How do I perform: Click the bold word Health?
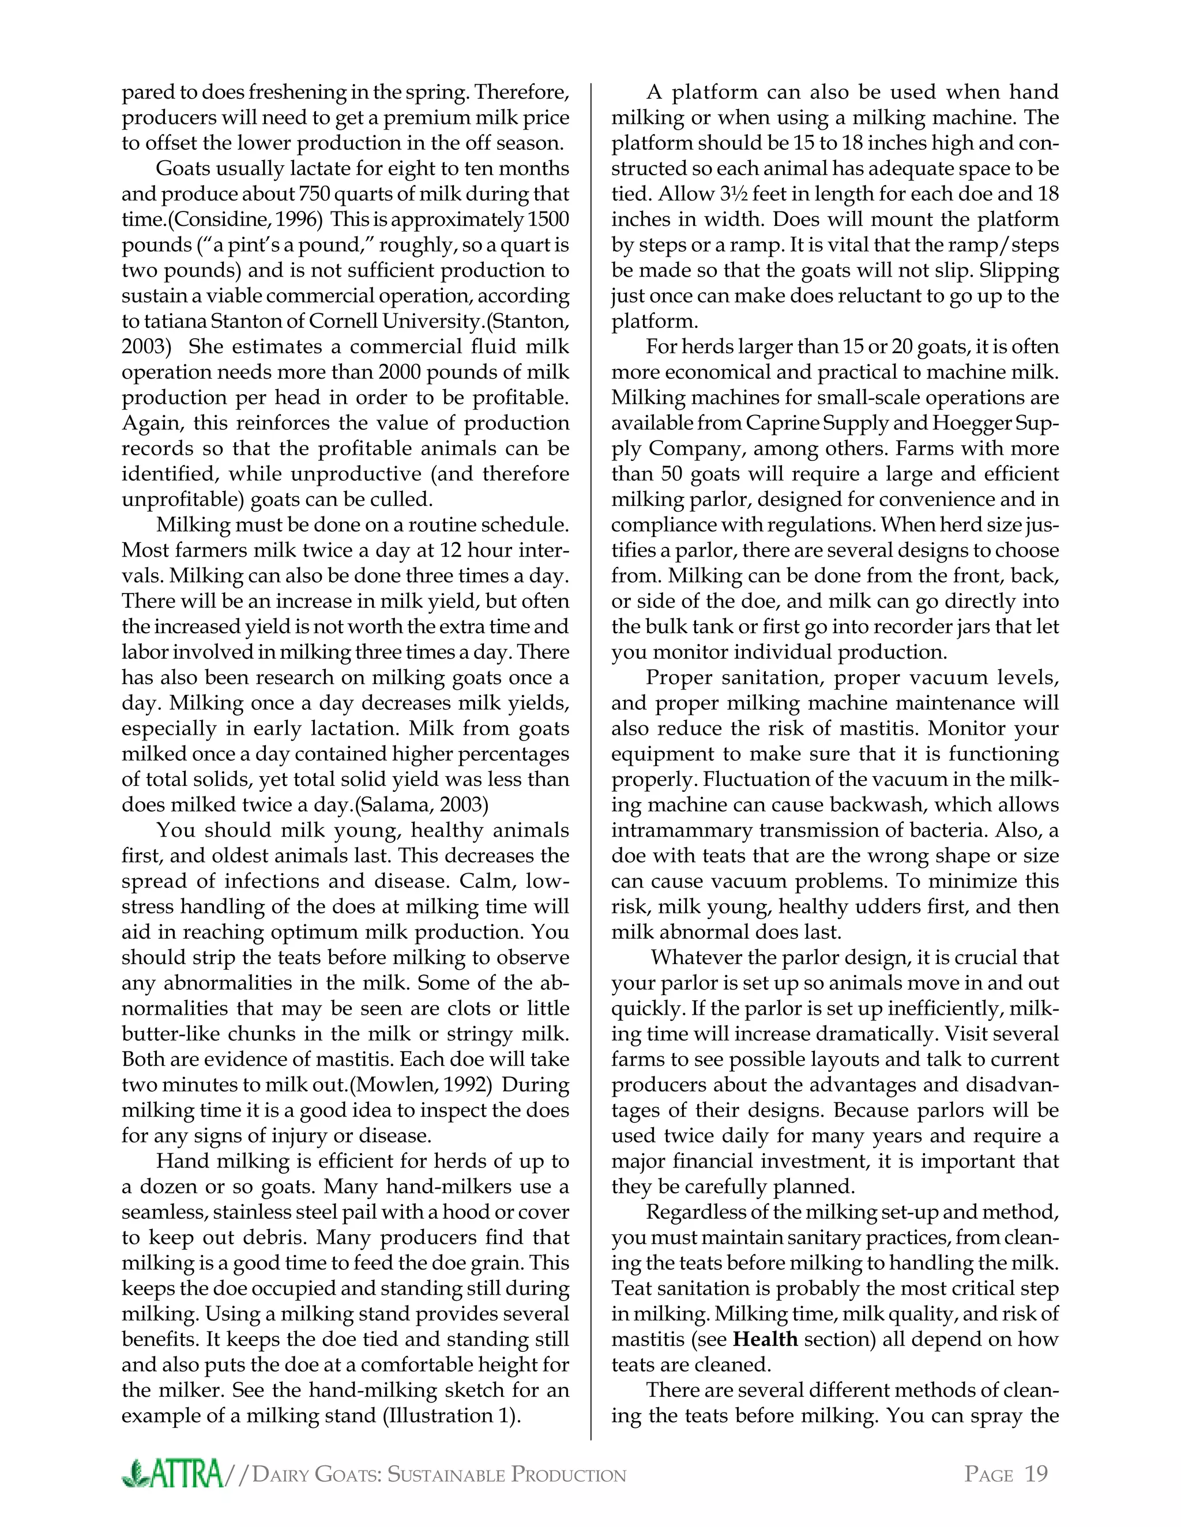pyautogui.click(x=765, y=1339)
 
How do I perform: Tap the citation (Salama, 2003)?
pyautogui.click(x=421, y=805)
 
